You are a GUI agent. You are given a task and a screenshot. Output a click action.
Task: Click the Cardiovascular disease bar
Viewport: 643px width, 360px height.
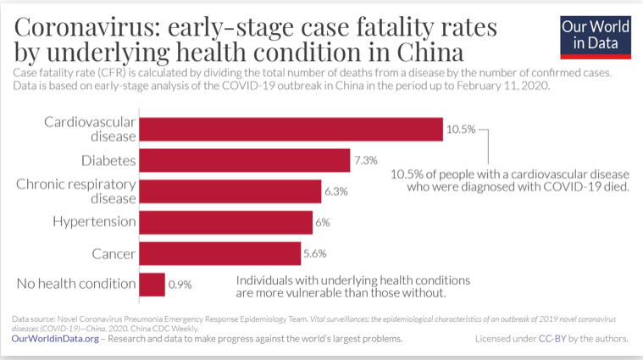(x=291, y=129)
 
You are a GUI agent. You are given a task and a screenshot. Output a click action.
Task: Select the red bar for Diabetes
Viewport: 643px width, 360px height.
(x=245, y=160)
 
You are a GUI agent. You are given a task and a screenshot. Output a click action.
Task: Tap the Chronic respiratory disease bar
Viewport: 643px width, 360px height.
(x=230, y=191)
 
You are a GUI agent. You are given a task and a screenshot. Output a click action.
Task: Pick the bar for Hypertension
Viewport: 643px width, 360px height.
(x=226, y=222)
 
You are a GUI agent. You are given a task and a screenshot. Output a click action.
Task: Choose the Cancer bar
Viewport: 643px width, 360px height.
(x=220, y=253)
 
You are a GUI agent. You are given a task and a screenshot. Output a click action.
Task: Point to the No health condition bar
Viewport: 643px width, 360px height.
(x=152, y=285)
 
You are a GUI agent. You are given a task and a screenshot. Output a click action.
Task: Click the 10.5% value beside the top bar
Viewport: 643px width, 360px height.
(x=461, y=130)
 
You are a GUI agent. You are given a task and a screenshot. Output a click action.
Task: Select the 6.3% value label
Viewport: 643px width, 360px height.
(x=335, y=192)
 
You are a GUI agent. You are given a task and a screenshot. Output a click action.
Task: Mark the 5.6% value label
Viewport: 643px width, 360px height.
(x=315, y=254)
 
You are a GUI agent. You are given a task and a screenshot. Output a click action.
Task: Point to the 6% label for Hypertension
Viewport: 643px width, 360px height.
(x=323, y=223)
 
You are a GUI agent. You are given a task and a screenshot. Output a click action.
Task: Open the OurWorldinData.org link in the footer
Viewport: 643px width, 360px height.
(x=55, y=338)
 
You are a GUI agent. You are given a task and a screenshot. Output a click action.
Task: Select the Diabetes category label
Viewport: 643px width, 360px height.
(x=109, y=160)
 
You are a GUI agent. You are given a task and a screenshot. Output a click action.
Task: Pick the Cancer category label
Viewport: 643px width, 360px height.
(x=114, y=253)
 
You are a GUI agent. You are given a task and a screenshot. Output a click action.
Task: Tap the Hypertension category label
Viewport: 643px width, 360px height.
(x=94, y=222)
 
